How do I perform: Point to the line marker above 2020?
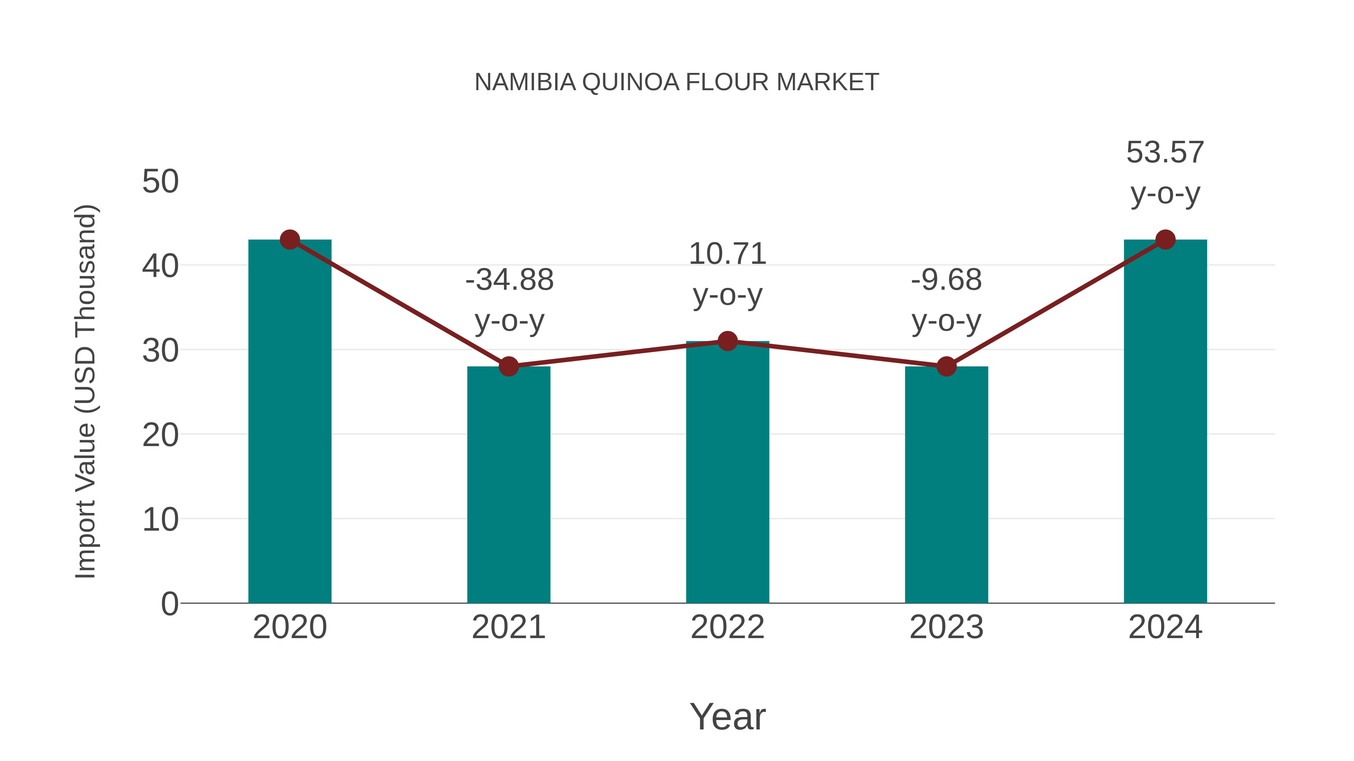click(x=290, y=239)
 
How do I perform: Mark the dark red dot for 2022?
click(x=727, y=341)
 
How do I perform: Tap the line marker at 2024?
click(x=1165, y=239)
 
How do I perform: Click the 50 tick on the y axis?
click(x=160, y=182)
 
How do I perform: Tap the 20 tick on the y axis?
click(x=160, y=436)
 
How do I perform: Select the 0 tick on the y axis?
click(x=170, y=604)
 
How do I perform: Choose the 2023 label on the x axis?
click(x=946, y=627)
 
